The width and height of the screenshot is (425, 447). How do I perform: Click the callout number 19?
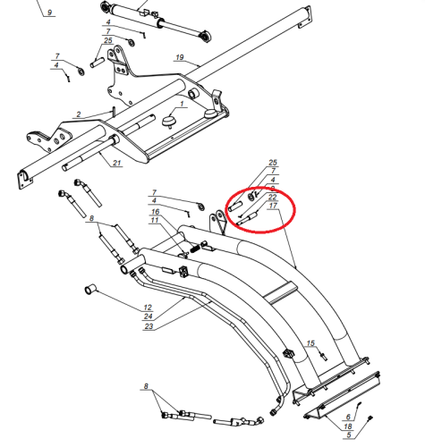coord(180,57)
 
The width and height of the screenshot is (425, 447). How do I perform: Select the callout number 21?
coord(116,163)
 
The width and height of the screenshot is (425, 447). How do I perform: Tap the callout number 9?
coord(49,13)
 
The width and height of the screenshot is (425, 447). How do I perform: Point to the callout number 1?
coord(182,104)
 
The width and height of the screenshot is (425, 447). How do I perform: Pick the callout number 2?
coord(79,114)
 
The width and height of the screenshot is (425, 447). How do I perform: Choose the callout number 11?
coord(155,220)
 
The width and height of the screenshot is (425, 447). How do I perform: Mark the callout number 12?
coord(148,308)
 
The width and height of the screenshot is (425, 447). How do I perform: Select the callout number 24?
coord(149,316)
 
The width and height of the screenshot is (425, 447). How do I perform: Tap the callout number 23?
coord(149,326)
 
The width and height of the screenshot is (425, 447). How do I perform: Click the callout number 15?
coord(310,343)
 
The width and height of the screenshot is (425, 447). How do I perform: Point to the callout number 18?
coord(348,426)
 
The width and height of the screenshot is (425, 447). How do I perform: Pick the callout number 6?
coord(348,417)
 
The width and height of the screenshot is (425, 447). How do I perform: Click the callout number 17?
coord(273,206)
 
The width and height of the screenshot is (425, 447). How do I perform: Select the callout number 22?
coord(272,197)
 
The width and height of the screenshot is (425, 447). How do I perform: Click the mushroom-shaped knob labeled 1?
coord(169,122)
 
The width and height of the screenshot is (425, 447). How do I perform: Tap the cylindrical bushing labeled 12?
coord(90,289)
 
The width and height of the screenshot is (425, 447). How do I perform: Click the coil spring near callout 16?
coord(195,249)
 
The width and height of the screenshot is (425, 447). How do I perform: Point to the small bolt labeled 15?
coord(324,356)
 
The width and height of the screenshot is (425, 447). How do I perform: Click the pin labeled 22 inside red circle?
coord(247,218)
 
